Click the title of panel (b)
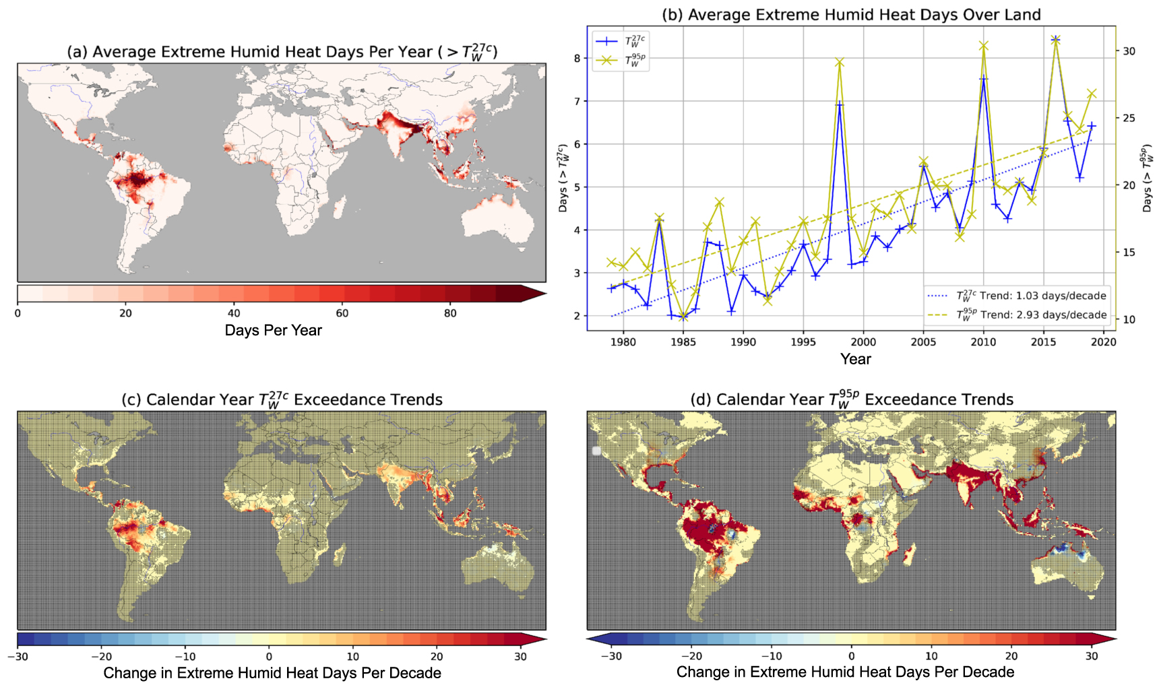point(851,15)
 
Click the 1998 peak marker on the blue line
point(840,104)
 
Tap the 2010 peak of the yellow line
point(984,46)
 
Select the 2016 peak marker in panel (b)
point(1056,40)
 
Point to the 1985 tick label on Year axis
point(683,342)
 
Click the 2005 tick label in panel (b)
point(923,342)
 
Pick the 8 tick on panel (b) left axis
point(577,59)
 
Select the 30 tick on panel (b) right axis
point(1129,51)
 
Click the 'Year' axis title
point(856,360)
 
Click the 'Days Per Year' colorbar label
point(273,331)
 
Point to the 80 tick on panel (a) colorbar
point(450,313)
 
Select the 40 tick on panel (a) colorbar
point(234,313)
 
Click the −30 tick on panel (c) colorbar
point(22,657)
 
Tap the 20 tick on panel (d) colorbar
point(1011,656)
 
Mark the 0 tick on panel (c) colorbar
point(269,657)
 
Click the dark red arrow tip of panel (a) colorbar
point(536,294)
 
